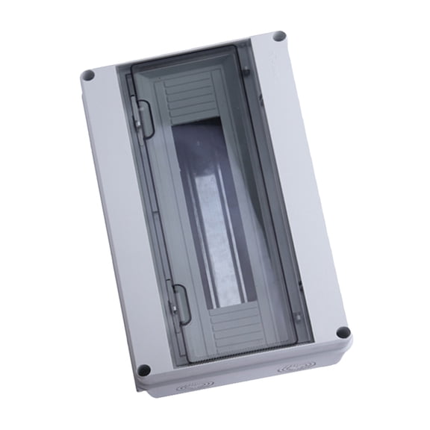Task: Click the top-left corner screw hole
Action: [88, 75]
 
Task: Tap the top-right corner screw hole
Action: [278, 36]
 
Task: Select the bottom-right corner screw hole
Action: [342, 333]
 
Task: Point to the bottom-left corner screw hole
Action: [145, 370]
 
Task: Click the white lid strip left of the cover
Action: [123, 224]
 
